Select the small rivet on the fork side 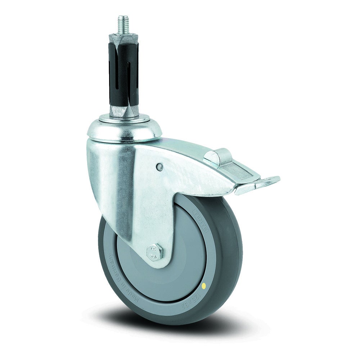click(159, 166)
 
